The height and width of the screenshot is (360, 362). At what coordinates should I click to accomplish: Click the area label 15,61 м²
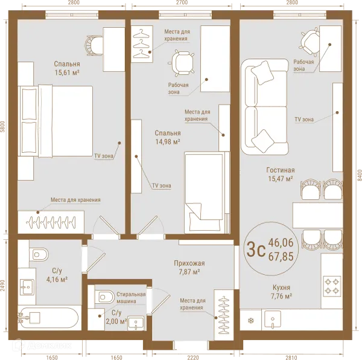click(67, 73)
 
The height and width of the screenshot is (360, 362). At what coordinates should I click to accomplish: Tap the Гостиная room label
click(281, 170)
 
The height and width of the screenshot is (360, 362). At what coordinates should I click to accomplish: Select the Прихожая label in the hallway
click(189, 263)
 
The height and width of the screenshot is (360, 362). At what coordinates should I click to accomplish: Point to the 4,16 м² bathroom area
click(57, 280)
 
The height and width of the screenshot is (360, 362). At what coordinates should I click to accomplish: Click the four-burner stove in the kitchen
click(332, 286)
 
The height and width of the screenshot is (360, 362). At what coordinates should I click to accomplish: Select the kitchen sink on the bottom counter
click(273, 320)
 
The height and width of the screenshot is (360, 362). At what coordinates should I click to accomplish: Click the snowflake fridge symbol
click(250, 321)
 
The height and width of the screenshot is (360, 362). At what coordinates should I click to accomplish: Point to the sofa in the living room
click(265, 106)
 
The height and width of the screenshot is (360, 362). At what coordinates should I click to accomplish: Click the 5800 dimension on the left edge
click(3, 126)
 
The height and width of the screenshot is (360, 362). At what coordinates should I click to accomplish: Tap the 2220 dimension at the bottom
click(193, 358)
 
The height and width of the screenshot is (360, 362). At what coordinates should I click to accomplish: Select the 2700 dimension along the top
click(182, 2)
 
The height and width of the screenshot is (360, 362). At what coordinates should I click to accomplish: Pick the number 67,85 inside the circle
click(281, 257)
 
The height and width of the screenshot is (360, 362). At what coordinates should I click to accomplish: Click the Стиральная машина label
click(131, 298)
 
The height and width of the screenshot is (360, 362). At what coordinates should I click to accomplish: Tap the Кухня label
click(281, 288)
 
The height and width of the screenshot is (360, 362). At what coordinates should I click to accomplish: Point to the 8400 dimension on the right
click(359, 175)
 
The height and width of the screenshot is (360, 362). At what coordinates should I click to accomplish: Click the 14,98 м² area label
click(168, 142)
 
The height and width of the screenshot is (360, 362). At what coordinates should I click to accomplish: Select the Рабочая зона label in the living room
click(303, 65)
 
